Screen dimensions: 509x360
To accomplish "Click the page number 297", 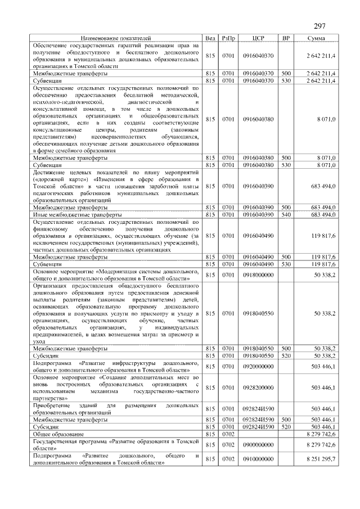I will (319, 26).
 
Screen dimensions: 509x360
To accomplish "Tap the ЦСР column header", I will (258, 38).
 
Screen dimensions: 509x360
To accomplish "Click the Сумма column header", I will (315, 38).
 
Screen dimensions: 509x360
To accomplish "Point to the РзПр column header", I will (228, 38).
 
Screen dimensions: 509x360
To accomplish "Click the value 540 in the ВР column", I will (286, 215).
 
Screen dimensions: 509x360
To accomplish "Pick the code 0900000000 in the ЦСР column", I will (258, 444).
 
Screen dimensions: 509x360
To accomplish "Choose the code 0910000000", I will (258, 460).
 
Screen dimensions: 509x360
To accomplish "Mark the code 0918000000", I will (258, 274).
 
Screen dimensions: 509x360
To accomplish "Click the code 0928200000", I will (258, 388).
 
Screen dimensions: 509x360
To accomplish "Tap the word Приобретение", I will (54, 405).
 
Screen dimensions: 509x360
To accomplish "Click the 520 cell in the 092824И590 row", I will (286, 427).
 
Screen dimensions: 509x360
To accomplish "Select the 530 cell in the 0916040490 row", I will (286, 263).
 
